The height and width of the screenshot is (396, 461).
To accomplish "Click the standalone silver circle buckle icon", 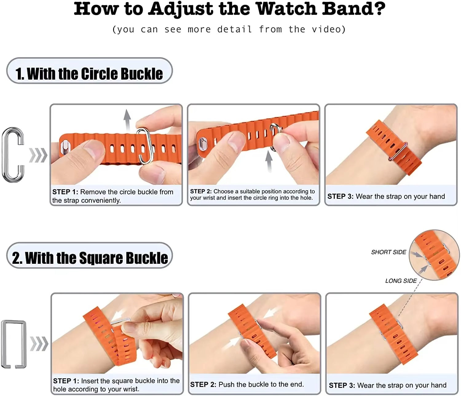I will [13, 155].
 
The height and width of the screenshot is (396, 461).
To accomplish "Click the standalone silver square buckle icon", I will [14, 344].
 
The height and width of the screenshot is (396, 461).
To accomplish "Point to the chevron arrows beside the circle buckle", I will [38, 155].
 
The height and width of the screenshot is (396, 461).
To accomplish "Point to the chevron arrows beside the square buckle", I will [39, 344].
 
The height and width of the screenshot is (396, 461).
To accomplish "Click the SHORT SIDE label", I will [388, 252].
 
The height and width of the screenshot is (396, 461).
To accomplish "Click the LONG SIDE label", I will [401, 281].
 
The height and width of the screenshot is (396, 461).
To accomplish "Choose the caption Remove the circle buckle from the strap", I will [113, 196].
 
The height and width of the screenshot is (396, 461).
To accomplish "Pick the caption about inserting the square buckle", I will [116, 385].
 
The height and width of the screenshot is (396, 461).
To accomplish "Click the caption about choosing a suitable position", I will [252, 195].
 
